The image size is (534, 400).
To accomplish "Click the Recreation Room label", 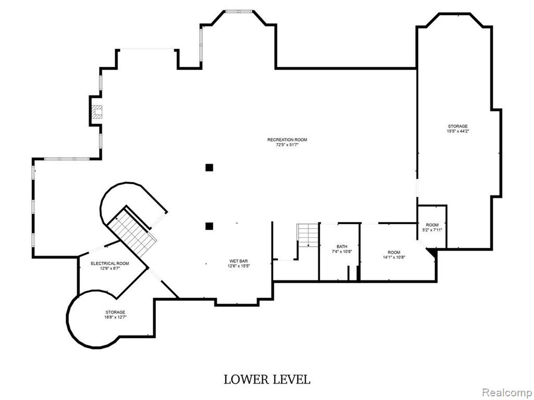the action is coord(287,140).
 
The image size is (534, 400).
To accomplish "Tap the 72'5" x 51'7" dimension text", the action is coord(287,145).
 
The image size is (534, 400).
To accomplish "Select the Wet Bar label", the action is coord(238,261).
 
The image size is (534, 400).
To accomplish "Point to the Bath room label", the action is coord(342,246).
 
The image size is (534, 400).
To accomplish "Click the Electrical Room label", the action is coord(110,263).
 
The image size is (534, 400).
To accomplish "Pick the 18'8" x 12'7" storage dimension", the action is coord(115,317).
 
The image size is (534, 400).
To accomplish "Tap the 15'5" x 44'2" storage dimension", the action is coord(458,131).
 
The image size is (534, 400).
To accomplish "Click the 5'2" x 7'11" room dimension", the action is coord(432,230).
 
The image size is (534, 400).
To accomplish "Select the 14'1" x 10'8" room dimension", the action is coord(394,257).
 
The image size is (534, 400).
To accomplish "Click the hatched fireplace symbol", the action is coord(96,111).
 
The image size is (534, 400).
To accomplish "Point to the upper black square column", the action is coord(209,167).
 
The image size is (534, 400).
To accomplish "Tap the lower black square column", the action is coord(209,226).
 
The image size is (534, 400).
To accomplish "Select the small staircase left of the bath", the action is coord(308,235).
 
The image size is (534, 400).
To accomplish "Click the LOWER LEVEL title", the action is coord(267,379).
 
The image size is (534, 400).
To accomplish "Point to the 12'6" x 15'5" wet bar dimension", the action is coord(239,266).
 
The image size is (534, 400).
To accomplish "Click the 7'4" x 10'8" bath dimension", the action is coord(342,252).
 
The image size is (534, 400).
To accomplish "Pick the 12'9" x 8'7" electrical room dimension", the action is coord(110,268).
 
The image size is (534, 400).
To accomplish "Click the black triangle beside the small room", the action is coord(432,253).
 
